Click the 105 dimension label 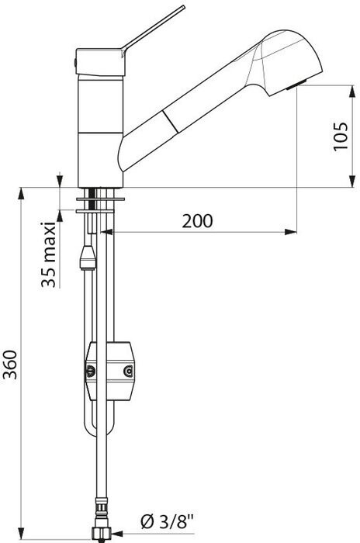coord(341,136)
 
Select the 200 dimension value coord(198,221)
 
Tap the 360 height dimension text coord(10,365)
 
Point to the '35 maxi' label coord(48,254)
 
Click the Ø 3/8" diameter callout coord(167,521)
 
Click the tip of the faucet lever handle coord(184,6)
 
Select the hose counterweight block coord(110,372)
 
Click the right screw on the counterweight coord(128,372)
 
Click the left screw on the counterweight coord(91,372)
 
